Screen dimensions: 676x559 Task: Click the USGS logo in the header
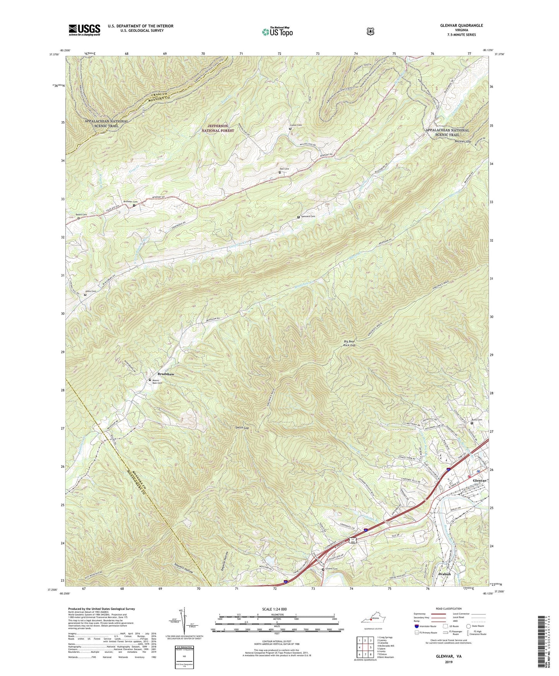coord(84,30)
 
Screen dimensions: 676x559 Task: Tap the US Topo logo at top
coord(277,32)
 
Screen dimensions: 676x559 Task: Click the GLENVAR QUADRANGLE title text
coord(461,26)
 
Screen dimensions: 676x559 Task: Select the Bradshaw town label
coord(166,374)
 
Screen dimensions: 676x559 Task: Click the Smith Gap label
coord(242,428)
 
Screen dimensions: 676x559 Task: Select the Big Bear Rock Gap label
coord(349,343)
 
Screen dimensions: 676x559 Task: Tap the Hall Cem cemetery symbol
coord(280,173)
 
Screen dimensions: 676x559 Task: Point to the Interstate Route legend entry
coord(427,626)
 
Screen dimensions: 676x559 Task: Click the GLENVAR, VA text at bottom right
coord(448,657)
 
